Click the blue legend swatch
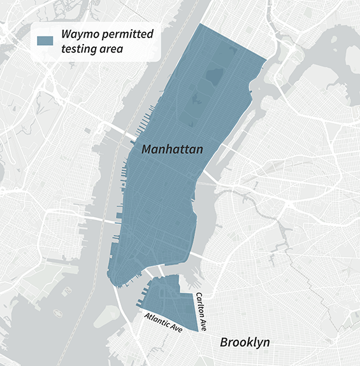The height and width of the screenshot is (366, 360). pyautogui.click(x=45, y=41)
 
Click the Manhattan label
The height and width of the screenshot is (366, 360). pyautogui.click(x=172, y=150)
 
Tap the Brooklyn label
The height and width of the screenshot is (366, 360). pyautogui.click(x=245, y=342)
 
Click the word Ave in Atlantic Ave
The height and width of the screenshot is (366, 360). pyautogui.click(x=175, y=327)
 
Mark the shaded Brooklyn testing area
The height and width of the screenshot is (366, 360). pyautogui.click(x=169, y=299)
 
